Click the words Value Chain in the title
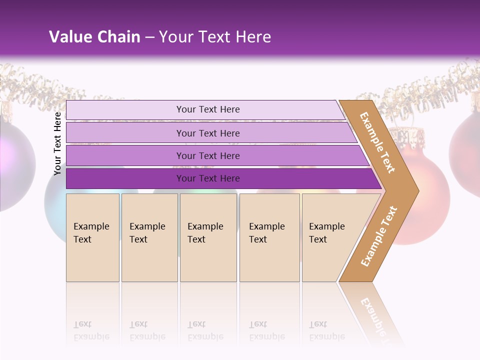[94, 37]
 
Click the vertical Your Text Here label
[57, 143]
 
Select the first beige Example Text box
[92, 237]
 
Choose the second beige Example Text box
[149, 237]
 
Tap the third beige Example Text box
[208, 237]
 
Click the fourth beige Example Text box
[269, 237]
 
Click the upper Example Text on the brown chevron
[377, 142]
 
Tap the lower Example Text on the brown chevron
[379, 236]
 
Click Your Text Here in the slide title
[215, 37]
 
